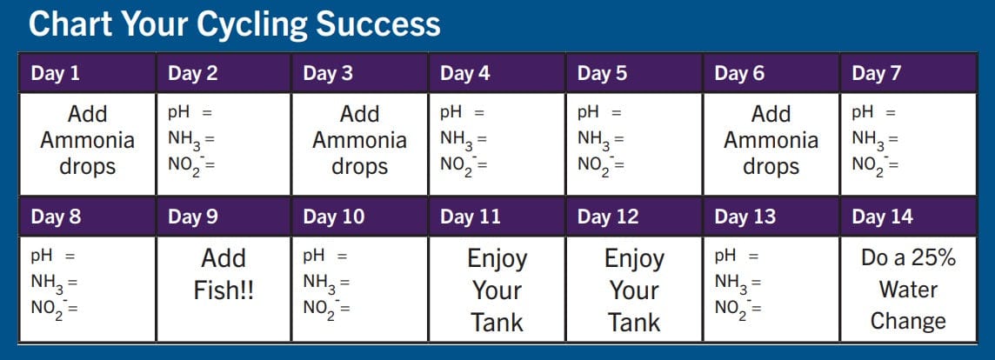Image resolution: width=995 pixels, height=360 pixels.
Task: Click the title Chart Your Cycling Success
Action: (234, 24)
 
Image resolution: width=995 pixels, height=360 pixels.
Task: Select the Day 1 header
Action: (56, 74)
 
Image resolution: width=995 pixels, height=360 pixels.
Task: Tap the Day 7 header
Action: (877, 74)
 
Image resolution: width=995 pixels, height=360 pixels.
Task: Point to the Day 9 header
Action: (192, 217)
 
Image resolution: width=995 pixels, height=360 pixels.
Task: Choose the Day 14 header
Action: (882, 217)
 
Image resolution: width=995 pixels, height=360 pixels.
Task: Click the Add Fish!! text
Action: (224, 274)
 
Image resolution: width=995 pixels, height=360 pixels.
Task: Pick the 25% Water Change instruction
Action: (908, 290)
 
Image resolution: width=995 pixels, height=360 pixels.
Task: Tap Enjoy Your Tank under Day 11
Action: (497, 290)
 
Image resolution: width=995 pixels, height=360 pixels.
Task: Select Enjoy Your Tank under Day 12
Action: (634, 290)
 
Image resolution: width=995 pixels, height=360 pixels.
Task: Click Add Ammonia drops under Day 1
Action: (87, 140)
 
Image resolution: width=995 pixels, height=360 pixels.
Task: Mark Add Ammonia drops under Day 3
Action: (359, 140)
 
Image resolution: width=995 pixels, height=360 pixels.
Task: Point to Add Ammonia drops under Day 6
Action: (771, 140)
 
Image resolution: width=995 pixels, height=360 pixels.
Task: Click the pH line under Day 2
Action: (190, 112)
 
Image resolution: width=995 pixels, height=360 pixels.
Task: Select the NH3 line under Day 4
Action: (463, 138)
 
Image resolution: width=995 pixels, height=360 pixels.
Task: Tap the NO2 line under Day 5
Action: (601, 163)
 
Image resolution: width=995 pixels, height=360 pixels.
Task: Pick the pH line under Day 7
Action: (873, 112)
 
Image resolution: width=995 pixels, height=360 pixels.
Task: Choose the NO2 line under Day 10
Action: (326, 308)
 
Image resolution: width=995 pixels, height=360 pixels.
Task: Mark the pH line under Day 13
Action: (737, 257)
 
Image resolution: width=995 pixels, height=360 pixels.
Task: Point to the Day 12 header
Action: (608, 217)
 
